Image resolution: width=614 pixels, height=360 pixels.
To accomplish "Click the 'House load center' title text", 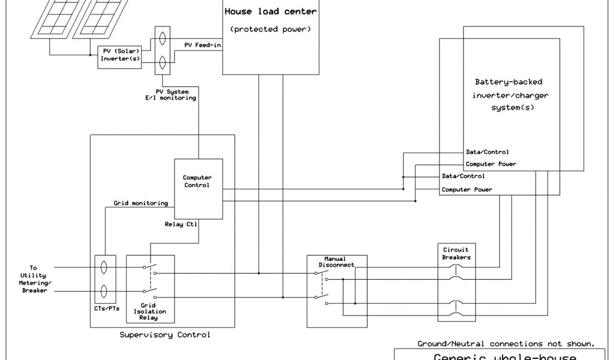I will click(x=270, y=11).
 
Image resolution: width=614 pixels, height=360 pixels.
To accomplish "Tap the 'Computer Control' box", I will click(x=198, y=181).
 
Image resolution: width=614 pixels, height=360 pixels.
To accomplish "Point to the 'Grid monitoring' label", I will click(x=141, y=203).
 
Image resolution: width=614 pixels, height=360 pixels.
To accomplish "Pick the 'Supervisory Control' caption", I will click(x=165, y=335).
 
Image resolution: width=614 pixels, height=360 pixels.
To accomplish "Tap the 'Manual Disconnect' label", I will click(x=335, y=262).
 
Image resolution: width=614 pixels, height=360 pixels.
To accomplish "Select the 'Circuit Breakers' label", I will click(x=456, y=253).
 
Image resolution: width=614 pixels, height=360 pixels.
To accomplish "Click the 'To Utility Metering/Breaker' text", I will click(x=33, y=279).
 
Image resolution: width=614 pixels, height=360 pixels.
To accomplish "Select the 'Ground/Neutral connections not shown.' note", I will click(x=506, y=344).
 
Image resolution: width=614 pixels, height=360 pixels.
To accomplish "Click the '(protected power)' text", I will click(x=270, y=29).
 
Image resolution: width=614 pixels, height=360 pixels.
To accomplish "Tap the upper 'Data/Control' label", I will click(x=487, y=152).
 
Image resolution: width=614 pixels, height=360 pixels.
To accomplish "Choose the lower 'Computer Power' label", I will click(x=467, y=190).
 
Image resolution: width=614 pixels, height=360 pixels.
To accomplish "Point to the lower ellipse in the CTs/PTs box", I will click(x=104, y=292).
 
